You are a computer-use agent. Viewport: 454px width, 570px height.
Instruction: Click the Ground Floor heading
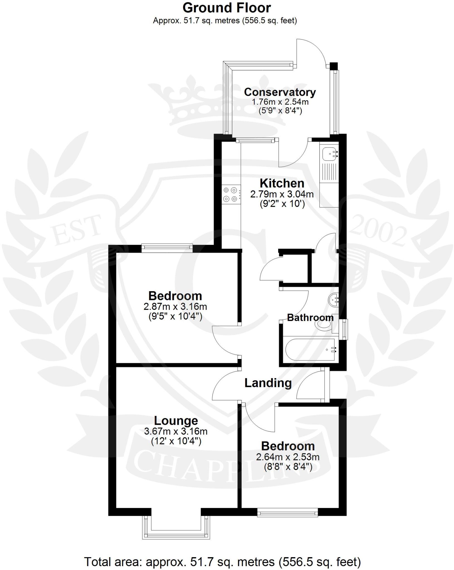(x=227, y=8)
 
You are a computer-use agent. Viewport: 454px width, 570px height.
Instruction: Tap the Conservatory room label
(x=280, y=92)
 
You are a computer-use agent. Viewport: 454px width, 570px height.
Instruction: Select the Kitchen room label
(x=282, y=183)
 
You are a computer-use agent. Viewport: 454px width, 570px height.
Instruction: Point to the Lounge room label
(x=176, y=421)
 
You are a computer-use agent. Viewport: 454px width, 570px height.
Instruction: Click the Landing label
(x=268, y=383)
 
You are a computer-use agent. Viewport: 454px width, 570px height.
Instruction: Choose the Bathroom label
(x=310, y=318)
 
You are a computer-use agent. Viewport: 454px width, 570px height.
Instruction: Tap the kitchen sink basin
(x=329, y=153)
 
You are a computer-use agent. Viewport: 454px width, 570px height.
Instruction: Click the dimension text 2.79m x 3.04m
(x=282, y=194)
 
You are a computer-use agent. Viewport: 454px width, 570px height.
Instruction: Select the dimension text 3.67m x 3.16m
(x=176, y=431)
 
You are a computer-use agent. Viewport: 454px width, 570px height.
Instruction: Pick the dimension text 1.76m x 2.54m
(x=280, y=102)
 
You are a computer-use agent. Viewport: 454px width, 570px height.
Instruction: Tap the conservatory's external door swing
(x=311, y=53)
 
